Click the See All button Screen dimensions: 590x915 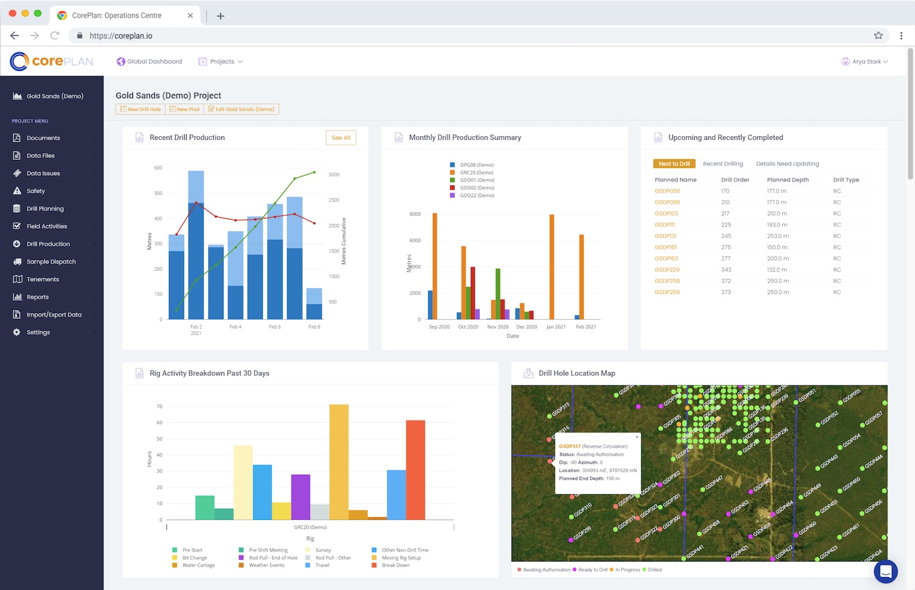click(x=341, y=138)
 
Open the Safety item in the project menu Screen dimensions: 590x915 click(x=35, y=191)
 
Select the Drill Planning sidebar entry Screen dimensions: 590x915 click(x=45, y=209)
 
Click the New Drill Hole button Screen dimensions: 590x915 click(x=141, y=109)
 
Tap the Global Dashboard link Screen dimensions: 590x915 click(x=149, y=62)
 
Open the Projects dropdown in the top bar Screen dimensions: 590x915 click(x=221, y=62)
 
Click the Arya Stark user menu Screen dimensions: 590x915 click(x=865, y=62)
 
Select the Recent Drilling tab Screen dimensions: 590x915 click(x=723, y=164)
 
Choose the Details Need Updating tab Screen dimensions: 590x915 click(x=788, y=164)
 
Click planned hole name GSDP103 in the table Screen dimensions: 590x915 click(x=666, y=214)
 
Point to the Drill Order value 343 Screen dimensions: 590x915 click(x=726, y=270)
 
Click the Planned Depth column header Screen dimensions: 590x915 click(x=788, y=180)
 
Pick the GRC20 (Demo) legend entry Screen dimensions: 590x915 click(x=476, y=173)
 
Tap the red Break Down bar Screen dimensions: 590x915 click(x=415, y=470)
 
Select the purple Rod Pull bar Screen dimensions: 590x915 click(x=301, y=497)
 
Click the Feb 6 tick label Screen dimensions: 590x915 click(x=275, y=327)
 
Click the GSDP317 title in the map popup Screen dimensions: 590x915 click(x=570, y=447)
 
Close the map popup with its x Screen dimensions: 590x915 click(x=637, y=436)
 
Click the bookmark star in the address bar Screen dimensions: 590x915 click(x=878, y=35)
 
